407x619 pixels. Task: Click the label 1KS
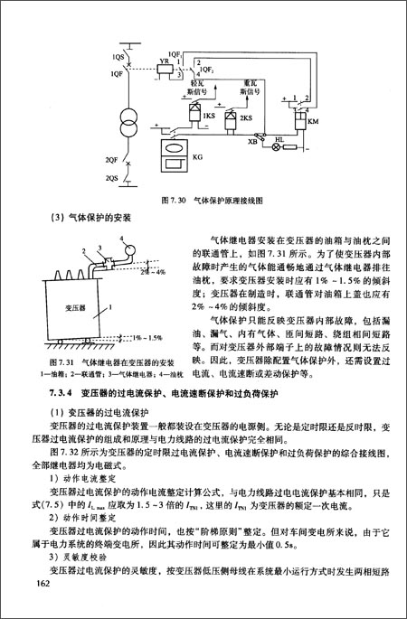(209, 117)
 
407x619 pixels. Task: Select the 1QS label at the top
(118, 57)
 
